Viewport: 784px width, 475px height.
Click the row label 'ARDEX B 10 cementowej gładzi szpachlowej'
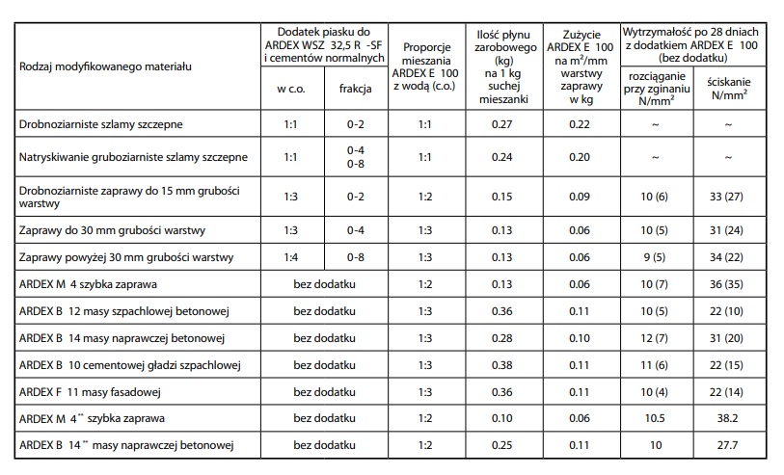pos(129,365)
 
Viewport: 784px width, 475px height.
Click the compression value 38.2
pos(727,419)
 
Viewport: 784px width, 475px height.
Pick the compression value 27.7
pos(727,446)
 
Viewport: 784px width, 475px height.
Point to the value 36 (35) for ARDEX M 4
pos(727,285)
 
